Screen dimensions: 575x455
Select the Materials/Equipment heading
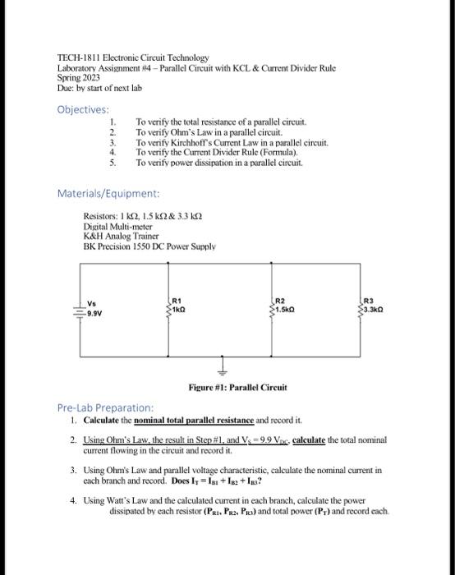click(108, 194)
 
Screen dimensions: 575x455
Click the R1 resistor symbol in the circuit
click(168, 309)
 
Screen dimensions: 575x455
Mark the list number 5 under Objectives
click(113, 163)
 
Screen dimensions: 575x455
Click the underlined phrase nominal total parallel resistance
click(196, 420)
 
